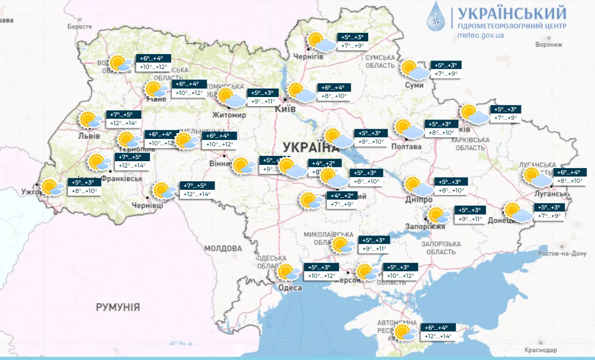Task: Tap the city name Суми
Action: pos(414,85)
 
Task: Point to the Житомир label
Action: pos(229,115)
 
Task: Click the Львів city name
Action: pos(88,136)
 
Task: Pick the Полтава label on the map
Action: pos(406,146)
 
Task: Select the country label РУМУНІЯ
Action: pos(118,307)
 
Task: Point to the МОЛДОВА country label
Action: pos(223,248)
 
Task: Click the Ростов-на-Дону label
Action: pos(562,254)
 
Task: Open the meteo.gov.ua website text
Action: pos(480,36)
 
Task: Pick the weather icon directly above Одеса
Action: pos(290,273)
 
